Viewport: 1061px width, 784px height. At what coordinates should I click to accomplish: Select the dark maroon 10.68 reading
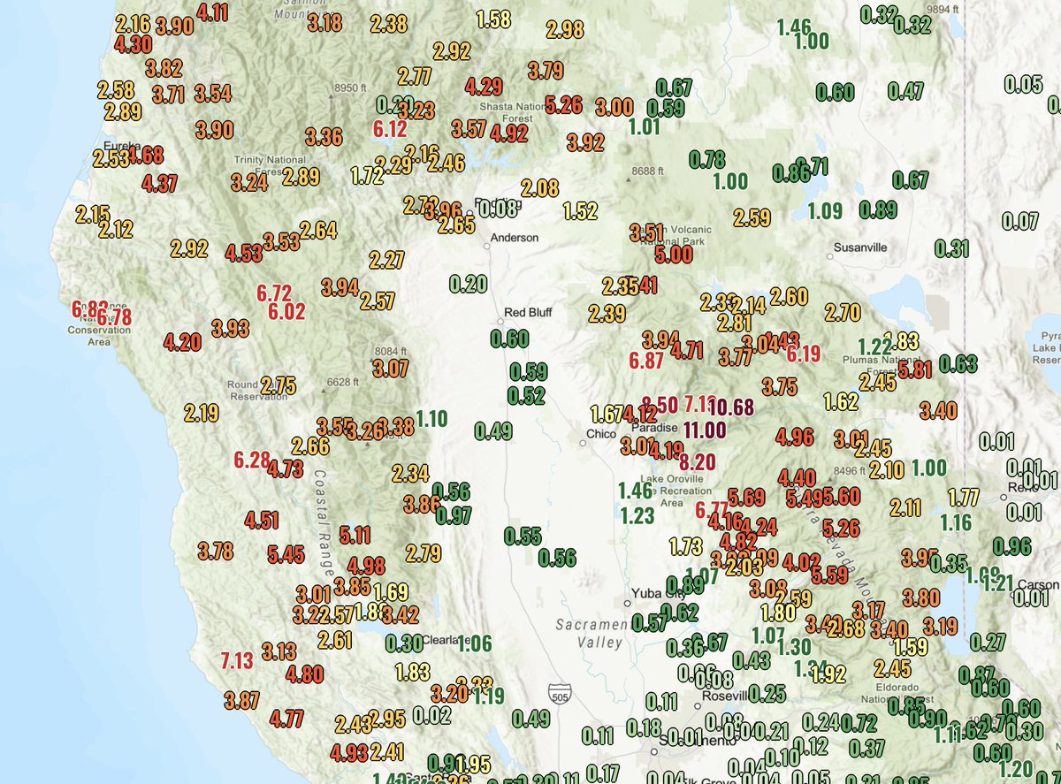click(x=730, y=408)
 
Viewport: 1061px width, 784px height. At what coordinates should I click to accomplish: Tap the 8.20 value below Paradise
click(x=698, y=461)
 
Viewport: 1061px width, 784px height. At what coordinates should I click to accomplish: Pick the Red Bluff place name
click(x=527, y=312)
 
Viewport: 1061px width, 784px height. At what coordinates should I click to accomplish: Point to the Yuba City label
click(x=653, y=592)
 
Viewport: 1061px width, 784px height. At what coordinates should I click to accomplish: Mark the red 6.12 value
click(x=390, y=129)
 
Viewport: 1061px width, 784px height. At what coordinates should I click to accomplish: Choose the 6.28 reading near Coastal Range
click(x=252, y=460)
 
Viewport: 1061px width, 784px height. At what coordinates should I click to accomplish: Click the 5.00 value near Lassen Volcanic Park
click(x=674, y=255)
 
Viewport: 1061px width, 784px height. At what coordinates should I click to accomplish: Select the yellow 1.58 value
click(x=493, y=19)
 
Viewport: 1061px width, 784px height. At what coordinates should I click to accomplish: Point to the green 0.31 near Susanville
click(x=952, y=248)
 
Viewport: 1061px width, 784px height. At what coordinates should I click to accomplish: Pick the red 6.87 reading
click(x=646, y=361)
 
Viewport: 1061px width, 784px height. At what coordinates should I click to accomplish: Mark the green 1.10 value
click(x=431, y=419)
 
